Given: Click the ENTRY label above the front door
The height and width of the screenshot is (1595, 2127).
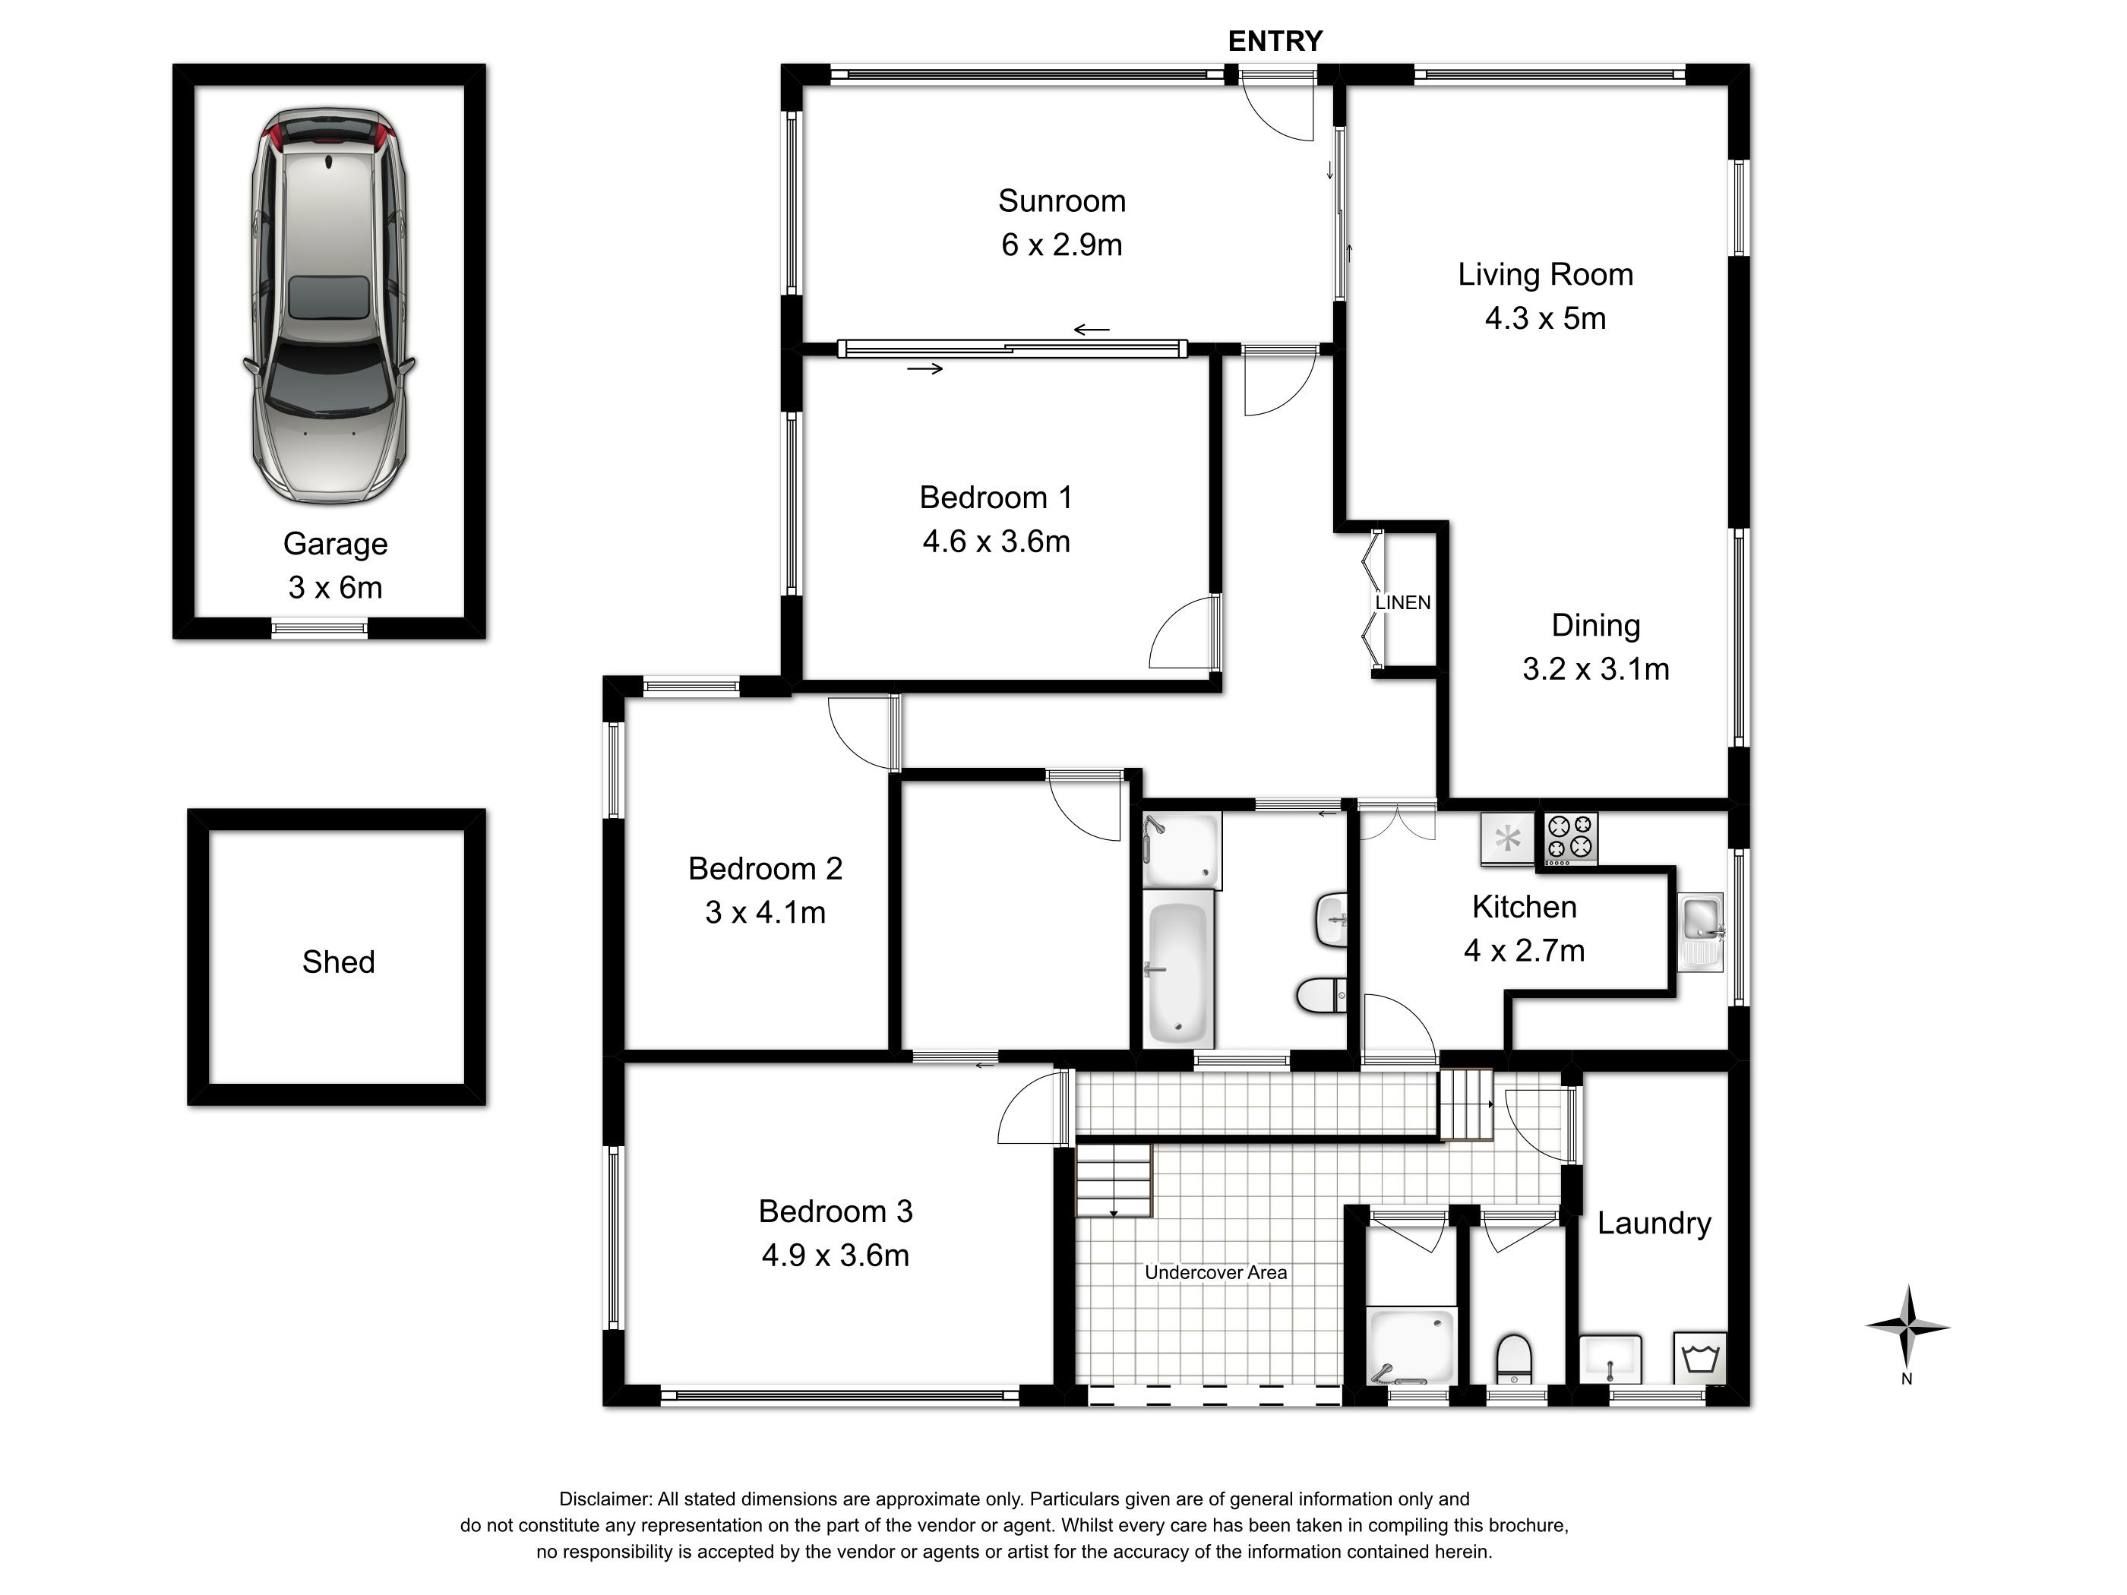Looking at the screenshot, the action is [x=1275, y=41].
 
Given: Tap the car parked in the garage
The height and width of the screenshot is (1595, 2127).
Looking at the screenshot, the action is [x=329, y=306].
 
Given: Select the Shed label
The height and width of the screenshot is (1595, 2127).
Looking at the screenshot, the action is [x=339, y=962].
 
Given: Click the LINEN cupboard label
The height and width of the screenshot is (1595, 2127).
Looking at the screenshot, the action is [x=1403, y=603].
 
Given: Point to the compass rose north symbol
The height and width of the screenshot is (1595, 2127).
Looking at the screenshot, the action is [x=1907, y=1328].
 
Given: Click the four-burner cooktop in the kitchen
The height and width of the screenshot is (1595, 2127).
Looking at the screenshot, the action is [x=1570, y=839].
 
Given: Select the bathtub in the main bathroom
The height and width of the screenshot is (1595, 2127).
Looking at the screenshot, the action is [x=1178, y=972].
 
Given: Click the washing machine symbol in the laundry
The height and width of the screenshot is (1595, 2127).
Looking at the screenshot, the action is [x=1700, y=1357].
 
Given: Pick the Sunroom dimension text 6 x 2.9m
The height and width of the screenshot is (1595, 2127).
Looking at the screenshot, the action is [x=1061, y=245].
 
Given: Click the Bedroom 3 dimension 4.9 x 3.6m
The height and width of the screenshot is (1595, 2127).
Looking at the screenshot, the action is [x=835, y=1255].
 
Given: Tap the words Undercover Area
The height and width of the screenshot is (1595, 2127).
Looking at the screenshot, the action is [x=1215, y=1273].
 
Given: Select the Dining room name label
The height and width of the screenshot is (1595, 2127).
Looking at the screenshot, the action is [x=1595, y=626].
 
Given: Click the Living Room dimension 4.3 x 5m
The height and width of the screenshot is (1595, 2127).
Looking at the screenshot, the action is [x=1545, y=318].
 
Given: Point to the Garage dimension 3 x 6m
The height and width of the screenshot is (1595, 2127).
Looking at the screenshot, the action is [x=335, y=587].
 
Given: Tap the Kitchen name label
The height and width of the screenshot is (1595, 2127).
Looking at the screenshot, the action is [x=1524, y=907].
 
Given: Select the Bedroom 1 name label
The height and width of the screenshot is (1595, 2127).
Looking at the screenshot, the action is [x=995, y=498].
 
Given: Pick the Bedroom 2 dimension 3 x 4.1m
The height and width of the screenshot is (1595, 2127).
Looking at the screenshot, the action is [x=766, y=912].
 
